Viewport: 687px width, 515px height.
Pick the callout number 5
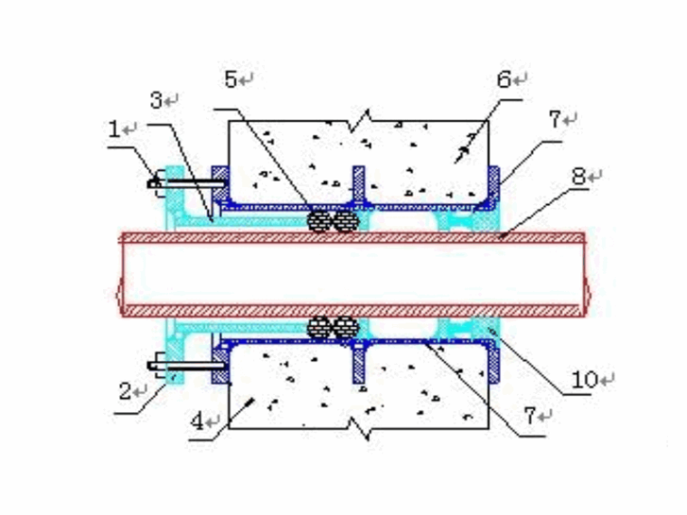click(x=231, y=80)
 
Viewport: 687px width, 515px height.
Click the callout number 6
click(x=503, y=79)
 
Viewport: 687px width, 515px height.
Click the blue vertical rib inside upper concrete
click(x=358, y=186)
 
